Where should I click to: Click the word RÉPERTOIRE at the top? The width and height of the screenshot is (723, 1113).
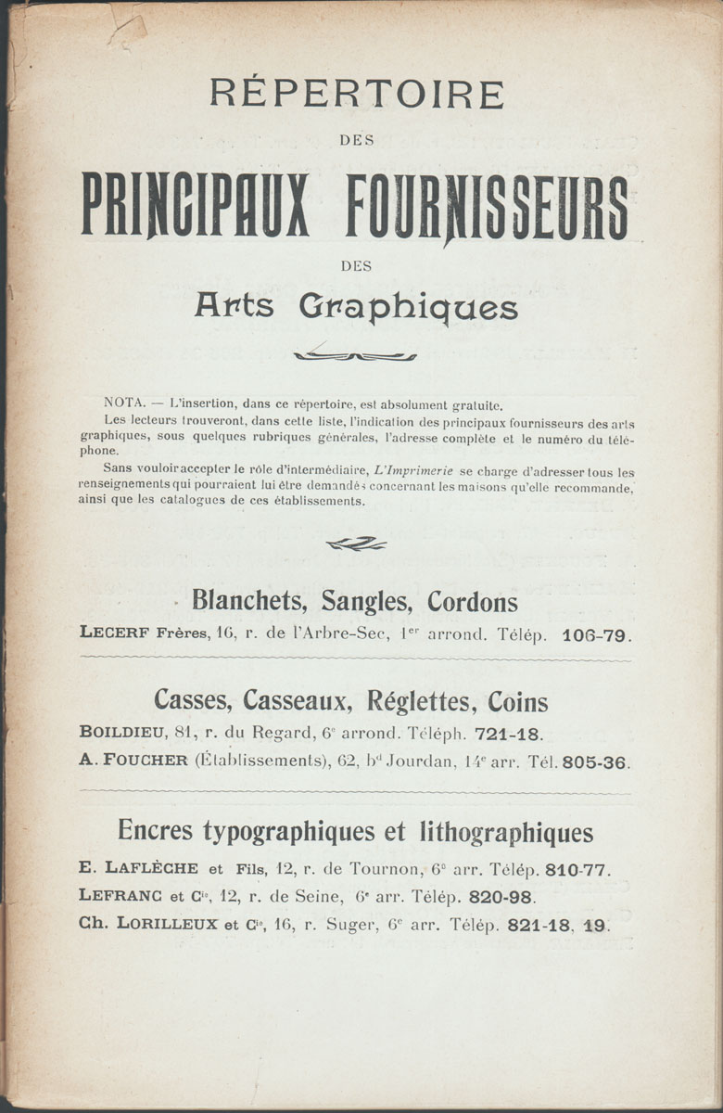[x=357, y=95]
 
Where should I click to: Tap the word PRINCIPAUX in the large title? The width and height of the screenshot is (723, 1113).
[x=196, y=205]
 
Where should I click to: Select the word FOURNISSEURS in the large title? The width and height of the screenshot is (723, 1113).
[x=488, y=205]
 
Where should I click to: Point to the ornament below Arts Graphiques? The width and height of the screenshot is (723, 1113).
[x=355, y=355]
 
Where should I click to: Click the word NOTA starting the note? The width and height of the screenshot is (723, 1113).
[x=120, y=404]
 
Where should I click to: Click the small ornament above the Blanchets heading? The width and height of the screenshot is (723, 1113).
[x=356, y=544]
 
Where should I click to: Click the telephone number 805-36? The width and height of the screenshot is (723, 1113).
[x=596, y=763]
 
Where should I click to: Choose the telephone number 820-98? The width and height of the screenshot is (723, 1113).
[x=502, y=897]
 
